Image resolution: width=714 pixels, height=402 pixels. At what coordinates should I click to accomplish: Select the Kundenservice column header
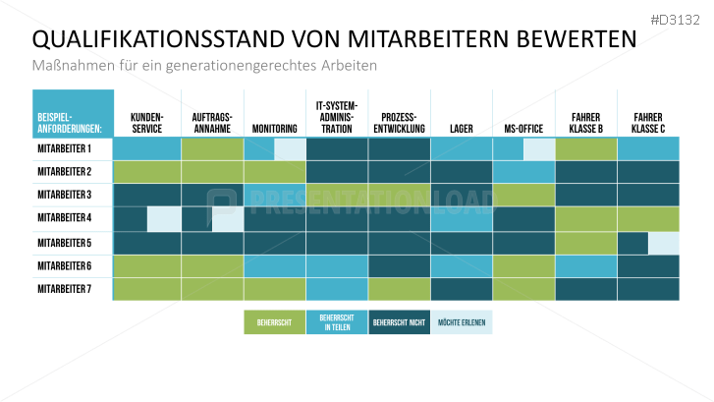[147, 122]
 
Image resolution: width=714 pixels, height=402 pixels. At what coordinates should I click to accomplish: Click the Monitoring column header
[274, 128]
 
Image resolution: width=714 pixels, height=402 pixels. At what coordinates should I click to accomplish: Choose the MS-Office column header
[523, 128]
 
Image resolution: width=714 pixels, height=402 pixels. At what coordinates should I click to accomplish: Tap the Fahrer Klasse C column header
[648, 122]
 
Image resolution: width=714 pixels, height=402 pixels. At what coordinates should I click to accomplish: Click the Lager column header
[461, 128]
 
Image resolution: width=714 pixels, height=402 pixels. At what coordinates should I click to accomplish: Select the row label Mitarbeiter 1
[64, 148]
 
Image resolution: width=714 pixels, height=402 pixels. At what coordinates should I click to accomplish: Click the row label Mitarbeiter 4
[64, 218]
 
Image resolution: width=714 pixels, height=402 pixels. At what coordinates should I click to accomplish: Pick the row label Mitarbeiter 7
[64, 289]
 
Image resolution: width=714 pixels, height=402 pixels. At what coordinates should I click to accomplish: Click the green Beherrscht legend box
[274, 322]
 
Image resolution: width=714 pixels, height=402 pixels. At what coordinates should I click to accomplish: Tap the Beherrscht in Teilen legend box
[336, 322]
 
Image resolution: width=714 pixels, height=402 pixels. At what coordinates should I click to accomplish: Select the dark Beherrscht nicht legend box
[399, 322]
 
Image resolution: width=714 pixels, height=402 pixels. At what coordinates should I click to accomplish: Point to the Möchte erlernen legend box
[462, 322]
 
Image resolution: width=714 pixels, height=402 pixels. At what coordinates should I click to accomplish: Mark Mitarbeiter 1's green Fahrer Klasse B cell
[586, 148]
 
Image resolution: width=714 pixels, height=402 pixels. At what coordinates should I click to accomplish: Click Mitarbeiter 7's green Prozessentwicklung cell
[400, 289]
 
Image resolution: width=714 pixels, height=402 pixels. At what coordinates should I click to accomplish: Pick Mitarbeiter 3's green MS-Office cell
[523, 195]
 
